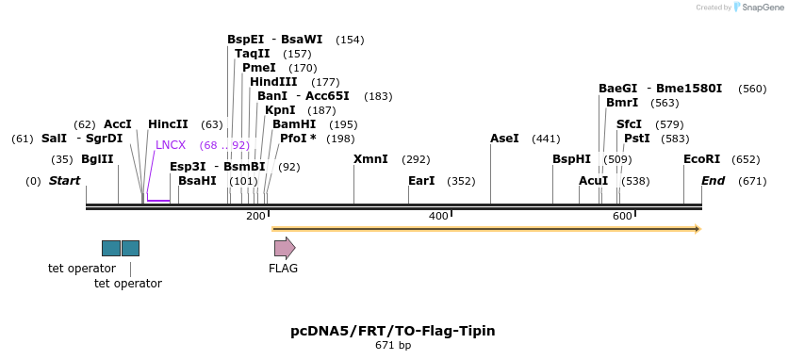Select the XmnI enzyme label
click(370, 159)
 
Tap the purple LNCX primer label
click(171, 145)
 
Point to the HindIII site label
click(273, 82)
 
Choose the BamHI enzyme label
click(294, 124)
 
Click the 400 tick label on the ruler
click(438, 217)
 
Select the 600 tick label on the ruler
click(622, 217)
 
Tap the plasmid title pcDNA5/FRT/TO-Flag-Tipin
click(393, 331)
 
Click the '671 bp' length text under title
click(393, 346)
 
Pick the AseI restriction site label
click(504, 139)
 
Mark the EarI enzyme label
click(421, 181)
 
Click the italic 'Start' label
click(64, 181)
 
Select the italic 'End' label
click(714, 181)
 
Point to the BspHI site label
click(571, 159)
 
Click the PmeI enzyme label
click(259, 68)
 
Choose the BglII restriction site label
click(97, 159)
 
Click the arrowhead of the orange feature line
click(697, 229)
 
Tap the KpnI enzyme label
click(281, 110)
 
